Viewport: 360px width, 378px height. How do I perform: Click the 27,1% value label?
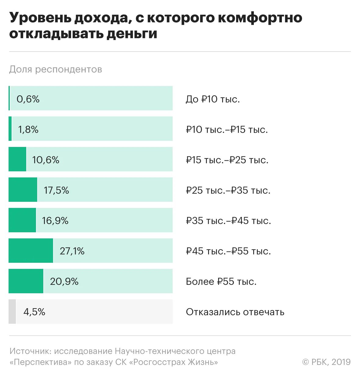click(x=72, y=251)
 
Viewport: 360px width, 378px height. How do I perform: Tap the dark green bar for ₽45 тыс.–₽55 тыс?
click(x=31, y=251)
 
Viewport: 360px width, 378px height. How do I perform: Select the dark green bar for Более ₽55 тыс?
click(x=26, y=281)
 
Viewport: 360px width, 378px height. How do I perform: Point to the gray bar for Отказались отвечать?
click(x=12, y=312)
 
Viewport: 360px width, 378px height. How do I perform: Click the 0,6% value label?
click(x=28, y=99)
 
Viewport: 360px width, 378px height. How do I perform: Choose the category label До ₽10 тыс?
click(x=213, y=99)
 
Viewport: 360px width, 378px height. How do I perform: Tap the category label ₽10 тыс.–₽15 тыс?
click(x=227, y=130)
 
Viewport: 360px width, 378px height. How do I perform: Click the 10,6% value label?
click(x=46, y=160)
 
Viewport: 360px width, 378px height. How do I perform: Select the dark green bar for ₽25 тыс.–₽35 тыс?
click(x=23, y=190)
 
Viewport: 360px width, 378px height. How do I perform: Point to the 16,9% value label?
click(x=55, y=220)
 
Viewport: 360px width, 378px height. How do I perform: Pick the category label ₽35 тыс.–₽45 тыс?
click(x=228, y=220)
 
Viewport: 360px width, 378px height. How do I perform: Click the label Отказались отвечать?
click(x=235, y=312)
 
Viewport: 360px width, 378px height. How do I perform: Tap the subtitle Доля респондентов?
click(x=56, y=69)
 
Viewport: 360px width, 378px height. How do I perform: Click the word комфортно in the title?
click(x=260, y=18)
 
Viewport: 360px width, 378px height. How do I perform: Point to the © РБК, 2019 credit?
click(x=326, y=362)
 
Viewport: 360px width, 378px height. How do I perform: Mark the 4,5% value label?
click(x=34, y=312)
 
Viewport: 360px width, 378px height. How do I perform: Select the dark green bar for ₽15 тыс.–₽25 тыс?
click(x=17, y=159)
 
